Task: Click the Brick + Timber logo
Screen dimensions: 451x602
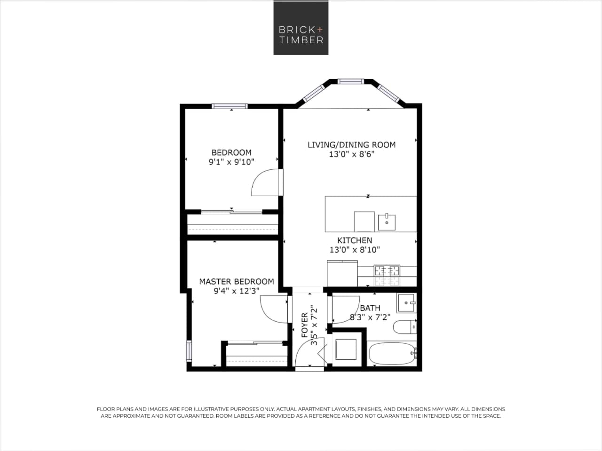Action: coord(301,27)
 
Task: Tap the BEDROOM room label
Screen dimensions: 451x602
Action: coord(231,152)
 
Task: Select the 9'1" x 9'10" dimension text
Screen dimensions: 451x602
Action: coord(231,162)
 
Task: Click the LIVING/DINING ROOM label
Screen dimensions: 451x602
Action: coord(351,145)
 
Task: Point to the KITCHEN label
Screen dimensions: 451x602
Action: coord(355,240)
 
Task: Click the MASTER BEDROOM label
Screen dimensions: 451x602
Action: coord(236,281)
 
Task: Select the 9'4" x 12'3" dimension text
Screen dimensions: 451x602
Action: coord(236,291)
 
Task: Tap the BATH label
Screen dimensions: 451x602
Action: coord(370,308)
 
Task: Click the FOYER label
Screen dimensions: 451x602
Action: coord(305,324)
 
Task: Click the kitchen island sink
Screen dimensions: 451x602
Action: coord(387,222)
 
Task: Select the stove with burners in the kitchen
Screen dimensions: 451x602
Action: coord(387,271)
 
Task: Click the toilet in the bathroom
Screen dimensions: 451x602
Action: coord(405,326)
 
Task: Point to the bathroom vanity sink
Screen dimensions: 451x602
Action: coord(406,303)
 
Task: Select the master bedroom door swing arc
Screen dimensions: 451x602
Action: coord(273,309)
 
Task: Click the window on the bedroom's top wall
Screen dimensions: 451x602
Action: coord(230,106)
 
